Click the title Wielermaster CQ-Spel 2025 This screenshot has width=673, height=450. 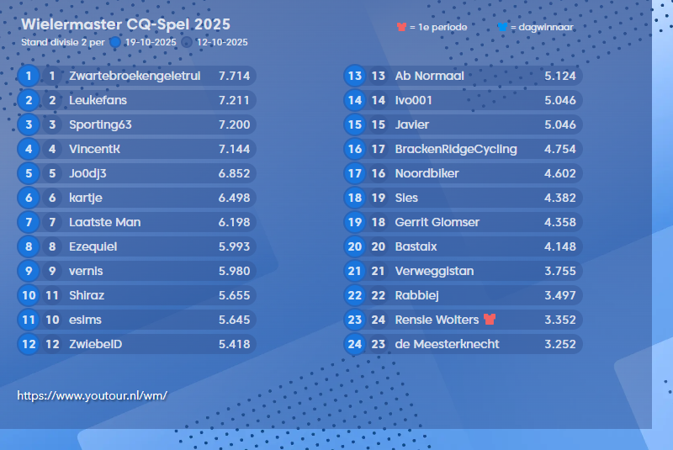point(125,24)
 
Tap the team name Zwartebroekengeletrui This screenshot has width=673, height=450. point(135,76)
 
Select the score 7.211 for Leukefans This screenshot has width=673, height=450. point(234,100)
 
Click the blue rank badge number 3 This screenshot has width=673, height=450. point(29,124)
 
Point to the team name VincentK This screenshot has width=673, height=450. point(94,149)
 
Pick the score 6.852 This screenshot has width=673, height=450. point(234,173)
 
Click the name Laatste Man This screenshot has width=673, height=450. point(104,222)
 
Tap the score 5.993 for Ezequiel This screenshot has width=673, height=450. point(234,246)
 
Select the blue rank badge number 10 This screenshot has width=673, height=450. point(29,295)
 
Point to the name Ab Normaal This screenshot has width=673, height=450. point(429,76)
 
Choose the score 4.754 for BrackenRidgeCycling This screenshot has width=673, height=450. point(560,149)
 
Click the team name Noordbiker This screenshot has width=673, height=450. point(427,173)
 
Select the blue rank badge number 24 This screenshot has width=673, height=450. point(354,344)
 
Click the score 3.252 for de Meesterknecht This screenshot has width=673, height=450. point(560,344)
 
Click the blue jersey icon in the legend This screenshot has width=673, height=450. point(502,27)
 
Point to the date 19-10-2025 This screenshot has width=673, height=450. point(150,41)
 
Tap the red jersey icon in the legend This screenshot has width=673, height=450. point(401,27)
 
